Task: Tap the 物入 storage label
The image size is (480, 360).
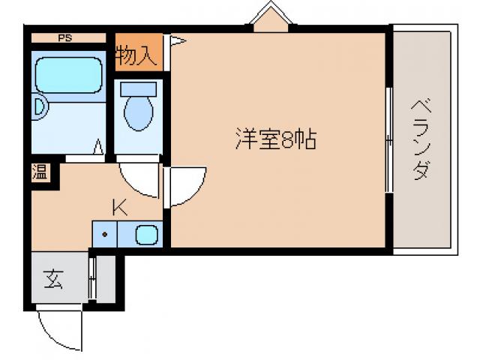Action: pyautogui.click(x=137, y=54)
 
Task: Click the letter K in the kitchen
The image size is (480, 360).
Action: pyautogui.click(x=119, y=205)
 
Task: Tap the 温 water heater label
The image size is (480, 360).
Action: pyautogui.click(x=39, y=172)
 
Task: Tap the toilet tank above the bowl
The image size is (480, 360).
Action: pyautogui.click(x=138, y=88)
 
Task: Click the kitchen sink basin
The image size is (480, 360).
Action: pyautogui.click(x=147, y=235)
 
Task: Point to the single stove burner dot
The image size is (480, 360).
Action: pyautogui.click(x=106, y=235)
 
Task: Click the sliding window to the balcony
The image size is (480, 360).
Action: pyautogui.click(x=388, y=139)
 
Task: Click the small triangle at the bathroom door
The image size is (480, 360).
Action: pyautogui.click(x=98, y=148)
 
